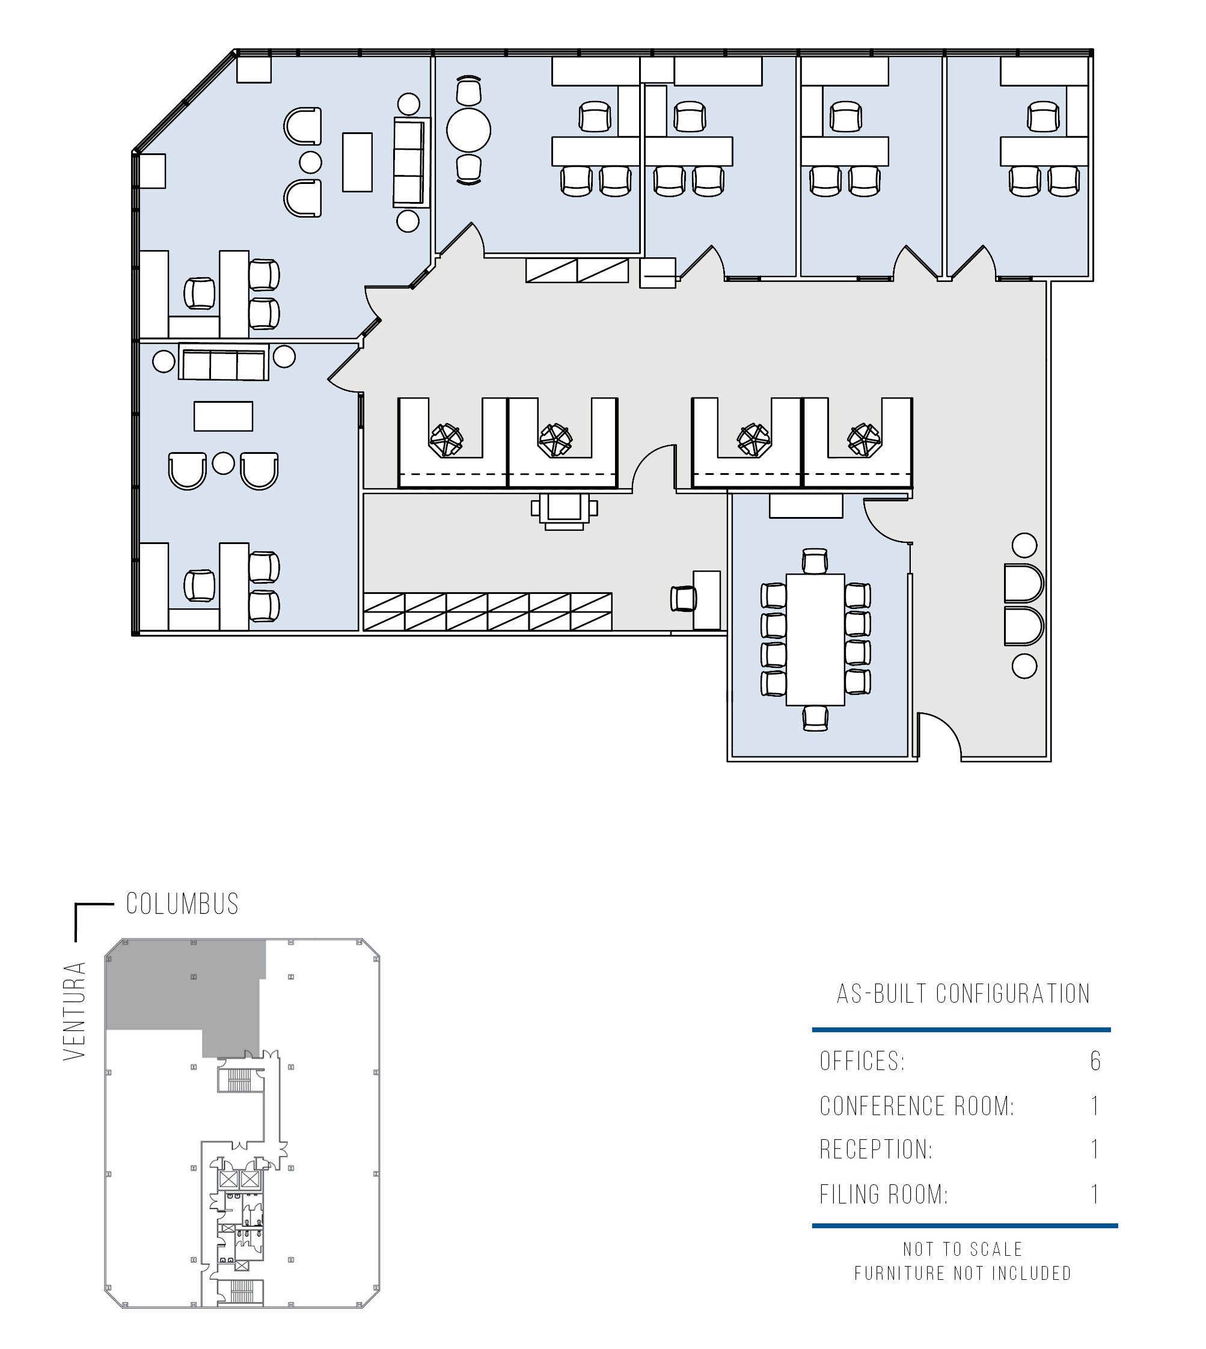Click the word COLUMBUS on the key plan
coord(182,904)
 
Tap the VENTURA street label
coord(75,1011)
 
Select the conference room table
coord(815,640)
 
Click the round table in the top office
coord(468,130)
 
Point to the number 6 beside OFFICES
coord(1095,1061)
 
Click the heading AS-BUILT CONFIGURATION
coord(963,994)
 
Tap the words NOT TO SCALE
coord(963,1250)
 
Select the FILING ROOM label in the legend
coord(884,1195)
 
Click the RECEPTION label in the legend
coord(876,1149)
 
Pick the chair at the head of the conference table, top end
coord(815,560)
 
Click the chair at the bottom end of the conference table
coord(815,718)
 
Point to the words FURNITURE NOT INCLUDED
coord(963,1273)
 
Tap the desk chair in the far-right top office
coord(1044,117)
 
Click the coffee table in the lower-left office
coord(223,416)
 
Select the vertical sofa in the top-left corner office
coord(408,162)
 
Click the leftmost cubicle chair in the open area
coord(446,440)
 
